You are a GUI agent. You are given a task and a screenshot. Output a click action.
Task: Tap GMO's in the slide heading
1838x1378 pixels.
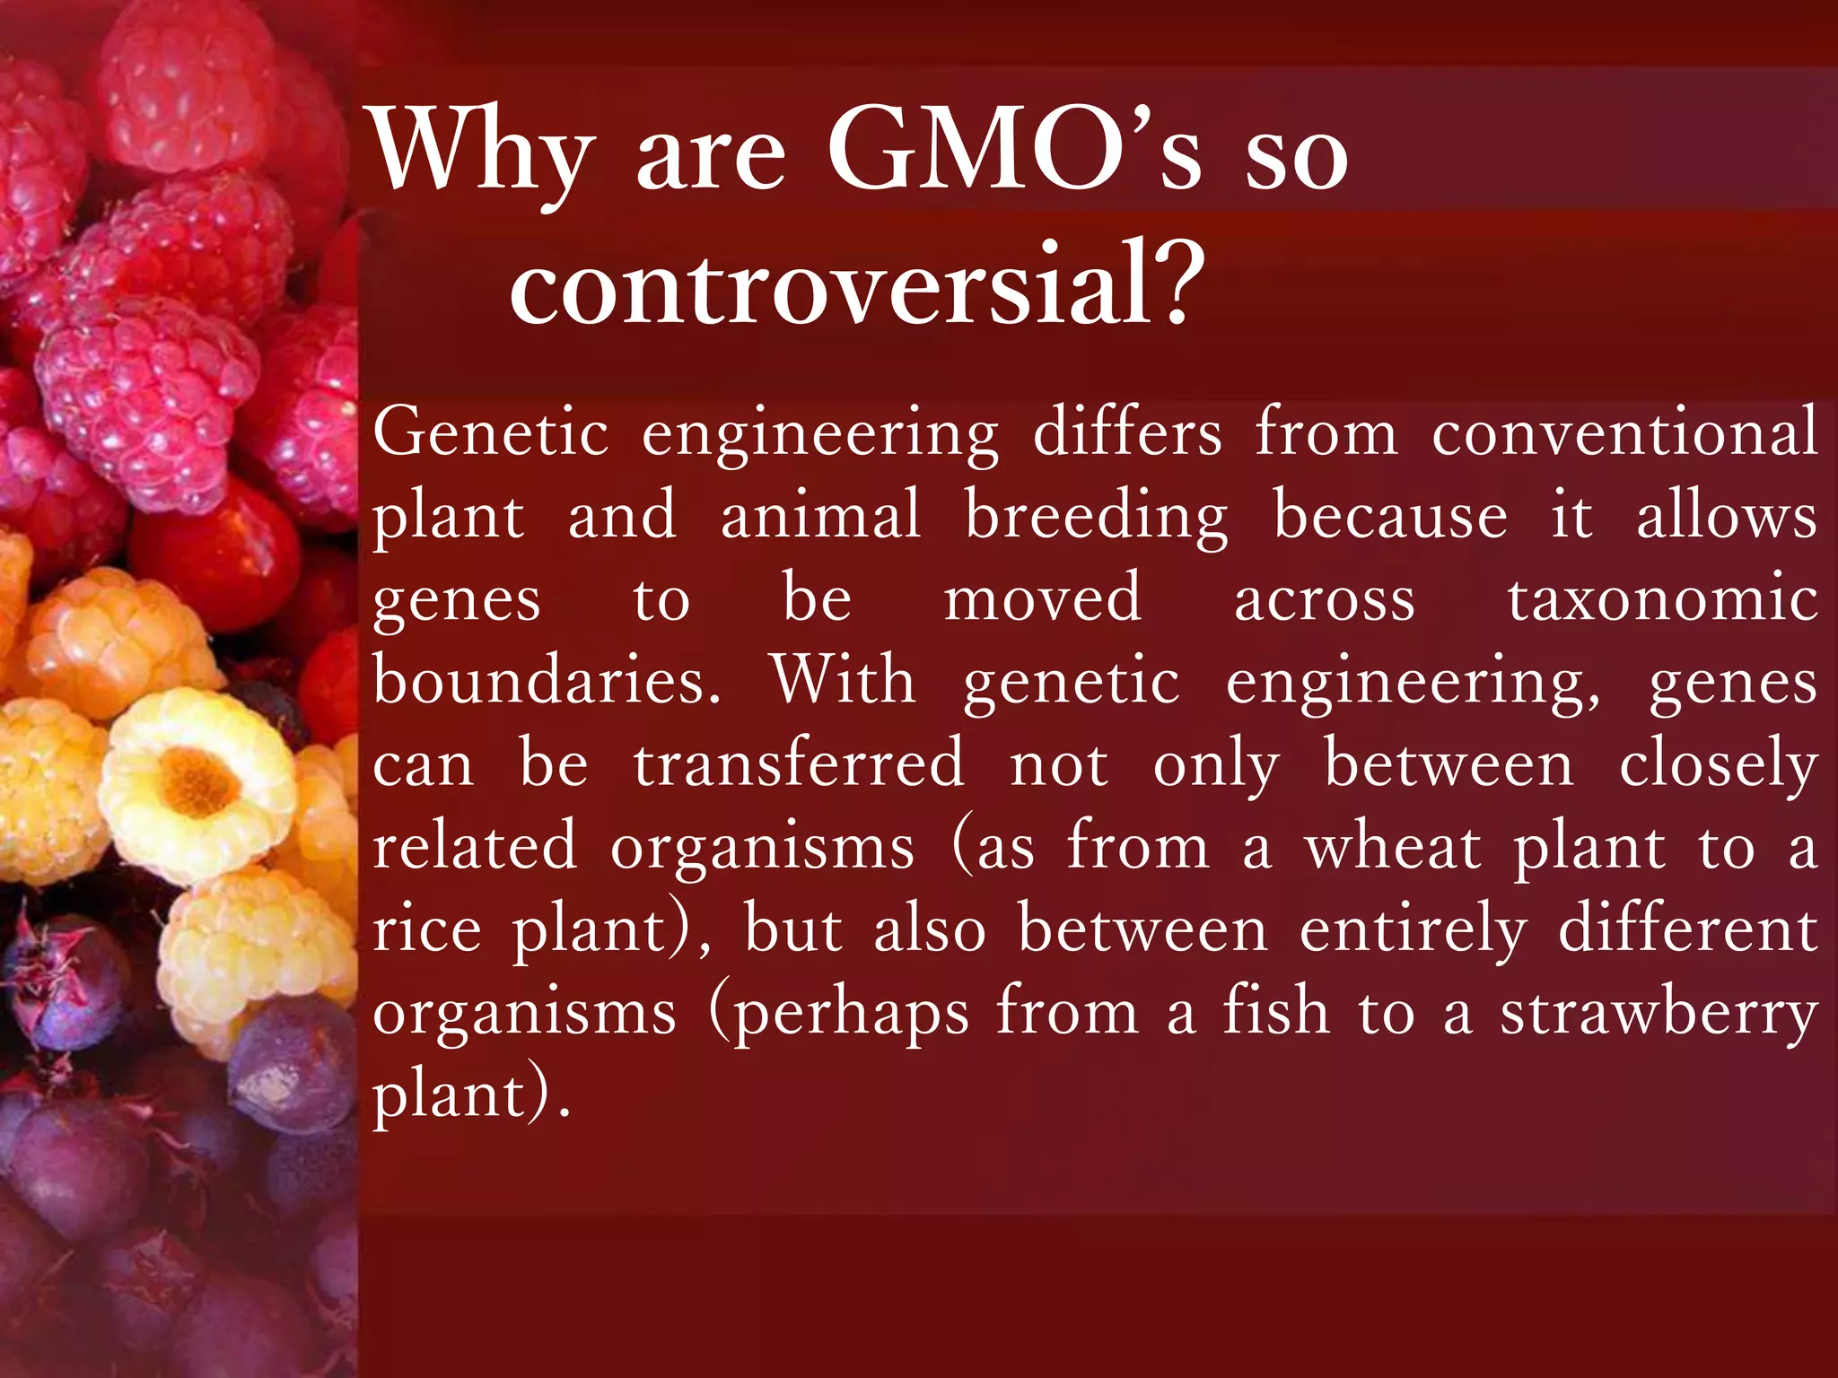coord(1014,150)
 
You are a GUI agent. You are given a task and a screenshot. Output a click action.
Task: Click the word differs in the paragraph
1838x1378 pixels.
coord(1126,434)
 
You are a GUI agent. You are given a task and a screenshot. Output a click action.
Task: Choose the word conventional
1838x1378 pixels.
coord(1624,432)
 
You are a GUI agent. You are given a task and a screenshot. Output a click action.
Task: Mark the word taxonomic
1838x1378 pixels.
coord(1663,599)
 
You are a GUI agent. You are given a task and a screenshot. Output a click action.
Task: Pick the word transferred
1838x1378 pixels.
coord(799,763)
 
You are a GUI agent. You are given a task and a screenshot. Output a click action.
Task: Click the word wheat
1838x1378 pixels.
coord(1392,847)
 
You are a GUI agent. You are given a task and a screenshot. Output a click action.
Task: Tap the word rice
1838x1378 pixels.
coord(427,929)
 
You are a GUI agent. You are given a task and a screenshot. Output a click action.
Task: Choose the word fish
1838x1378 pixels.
coord(1275,1012)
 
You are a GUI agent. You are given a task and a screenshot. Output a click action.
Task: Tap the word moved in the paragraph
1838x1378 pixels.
coord(1043,599)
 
